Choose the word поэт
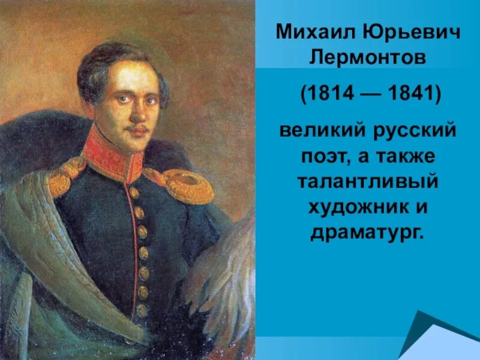click(x=325, y=155)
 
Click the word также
click(x=410, y=155)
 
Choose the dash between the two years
click(x=370, y=95)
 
